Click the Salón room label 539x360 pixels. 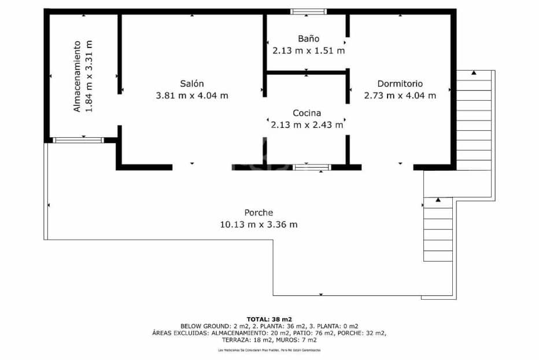pos(191,83)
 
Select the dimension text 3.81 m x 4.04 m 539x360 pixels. pos(192,95)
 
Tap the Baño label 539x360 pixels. pos(308,39)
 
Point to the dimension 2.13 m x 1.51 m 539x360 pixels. pos(308,50)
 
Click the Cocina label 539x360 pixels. pos(307,113)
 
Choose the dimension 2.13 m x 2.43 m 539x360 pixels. pos(307,124)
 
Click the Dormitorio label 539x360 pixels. pos(400,83)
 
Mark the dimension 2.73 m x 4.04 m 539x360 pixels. pos(400,95)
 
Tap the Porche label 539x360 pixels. pos(259,212)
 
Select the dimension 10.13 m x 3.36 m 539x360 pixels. pos(259,225)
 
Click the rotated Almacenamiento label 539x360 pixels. pos(76,76)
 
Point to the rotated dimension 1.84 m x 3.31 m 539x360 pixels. pos(88,76)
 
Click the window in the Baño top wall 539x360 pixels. pos(308,11)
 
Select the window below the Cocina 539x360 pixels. pos(312,167)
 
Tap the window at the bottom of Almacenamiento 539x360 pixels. pos(78,139)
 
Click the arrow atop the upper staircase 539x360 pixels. pos(474,73)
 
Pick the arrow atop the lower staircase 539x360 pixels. pos(438,200)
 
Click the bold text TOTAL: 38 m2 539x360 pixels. pos(269,319)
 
